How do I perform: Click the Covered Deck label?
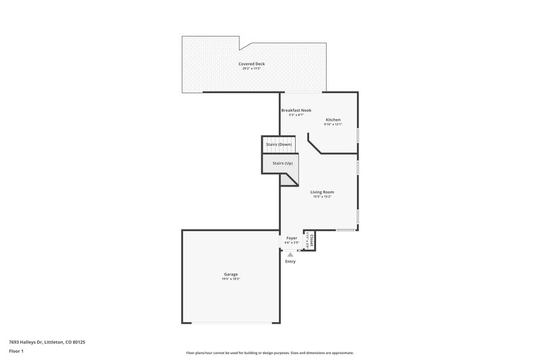[251, 63]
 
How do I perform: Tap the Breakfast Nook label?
[296, 109]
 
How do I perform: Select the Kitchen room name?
[333, 120]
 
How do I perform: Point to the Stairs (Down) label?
[279, 145]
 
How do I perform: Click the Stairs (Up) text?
[282, 163]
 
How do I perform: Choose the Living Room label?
[322, 192]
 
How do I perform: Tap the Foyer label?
[292, 238]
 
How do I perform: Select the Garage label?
[231, 274]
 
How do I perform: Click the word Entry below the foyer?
[290, 261]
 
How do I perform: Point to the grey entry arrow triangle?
[290, 254]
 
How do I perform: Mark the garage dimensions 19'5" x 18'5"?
[231, 279]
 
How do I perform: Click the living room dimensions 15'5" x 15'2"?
[322, 197]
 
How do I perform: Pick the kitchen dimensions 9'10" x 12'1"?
[333, 124]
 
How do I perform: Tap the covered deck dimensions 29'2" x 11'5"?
[251, 68]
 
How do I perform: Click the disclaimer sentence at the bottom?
[269, 353]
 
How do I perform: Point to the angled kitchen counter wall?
[315, 144]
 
